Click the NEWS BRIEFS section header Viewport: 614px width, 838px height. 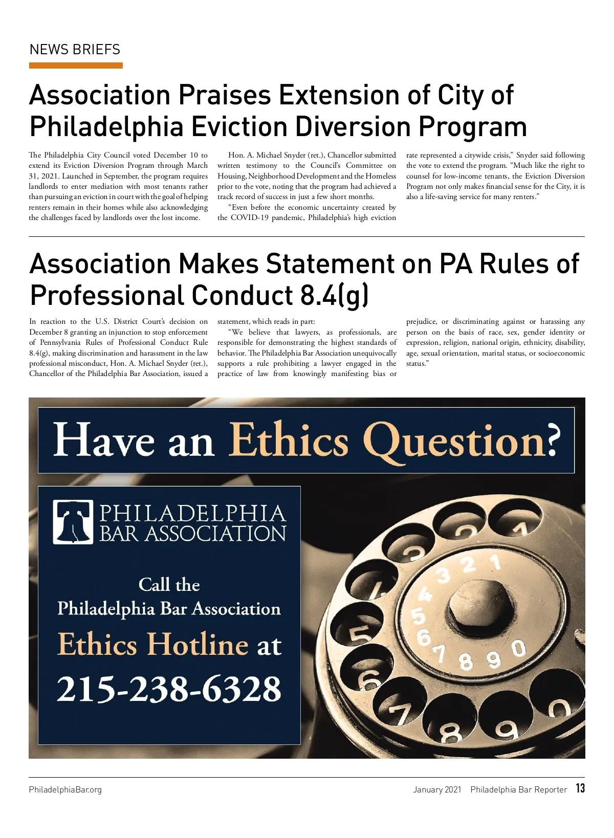coord(75,50)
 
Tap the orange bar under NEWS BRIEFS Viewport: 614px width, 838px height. coord(76,65)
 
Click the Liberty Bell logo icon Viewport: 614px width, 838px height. coord(73,521)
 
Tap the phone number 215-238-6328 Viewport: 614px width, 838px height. coord(169,689)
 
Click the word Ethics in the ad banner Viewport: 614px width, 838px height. coord(289,440)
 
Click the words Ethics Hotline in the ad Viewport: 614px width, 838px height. coord(152,644)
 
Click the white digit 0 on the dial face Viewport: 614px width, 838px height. coord(518,649)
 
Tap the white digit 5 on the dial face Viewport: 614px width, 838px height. coord(419,616)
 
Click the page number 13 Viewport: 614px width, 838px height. coord(580,788)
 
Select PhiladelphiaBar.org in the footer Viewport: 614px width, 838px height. coord(65,789)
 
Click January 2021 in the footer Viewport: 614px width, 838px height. coord(437,789)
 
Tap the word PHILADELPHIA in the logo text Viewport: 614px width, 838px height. coord(192,513)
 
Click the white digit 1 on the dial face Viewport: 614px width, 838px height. coord(495,563)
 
